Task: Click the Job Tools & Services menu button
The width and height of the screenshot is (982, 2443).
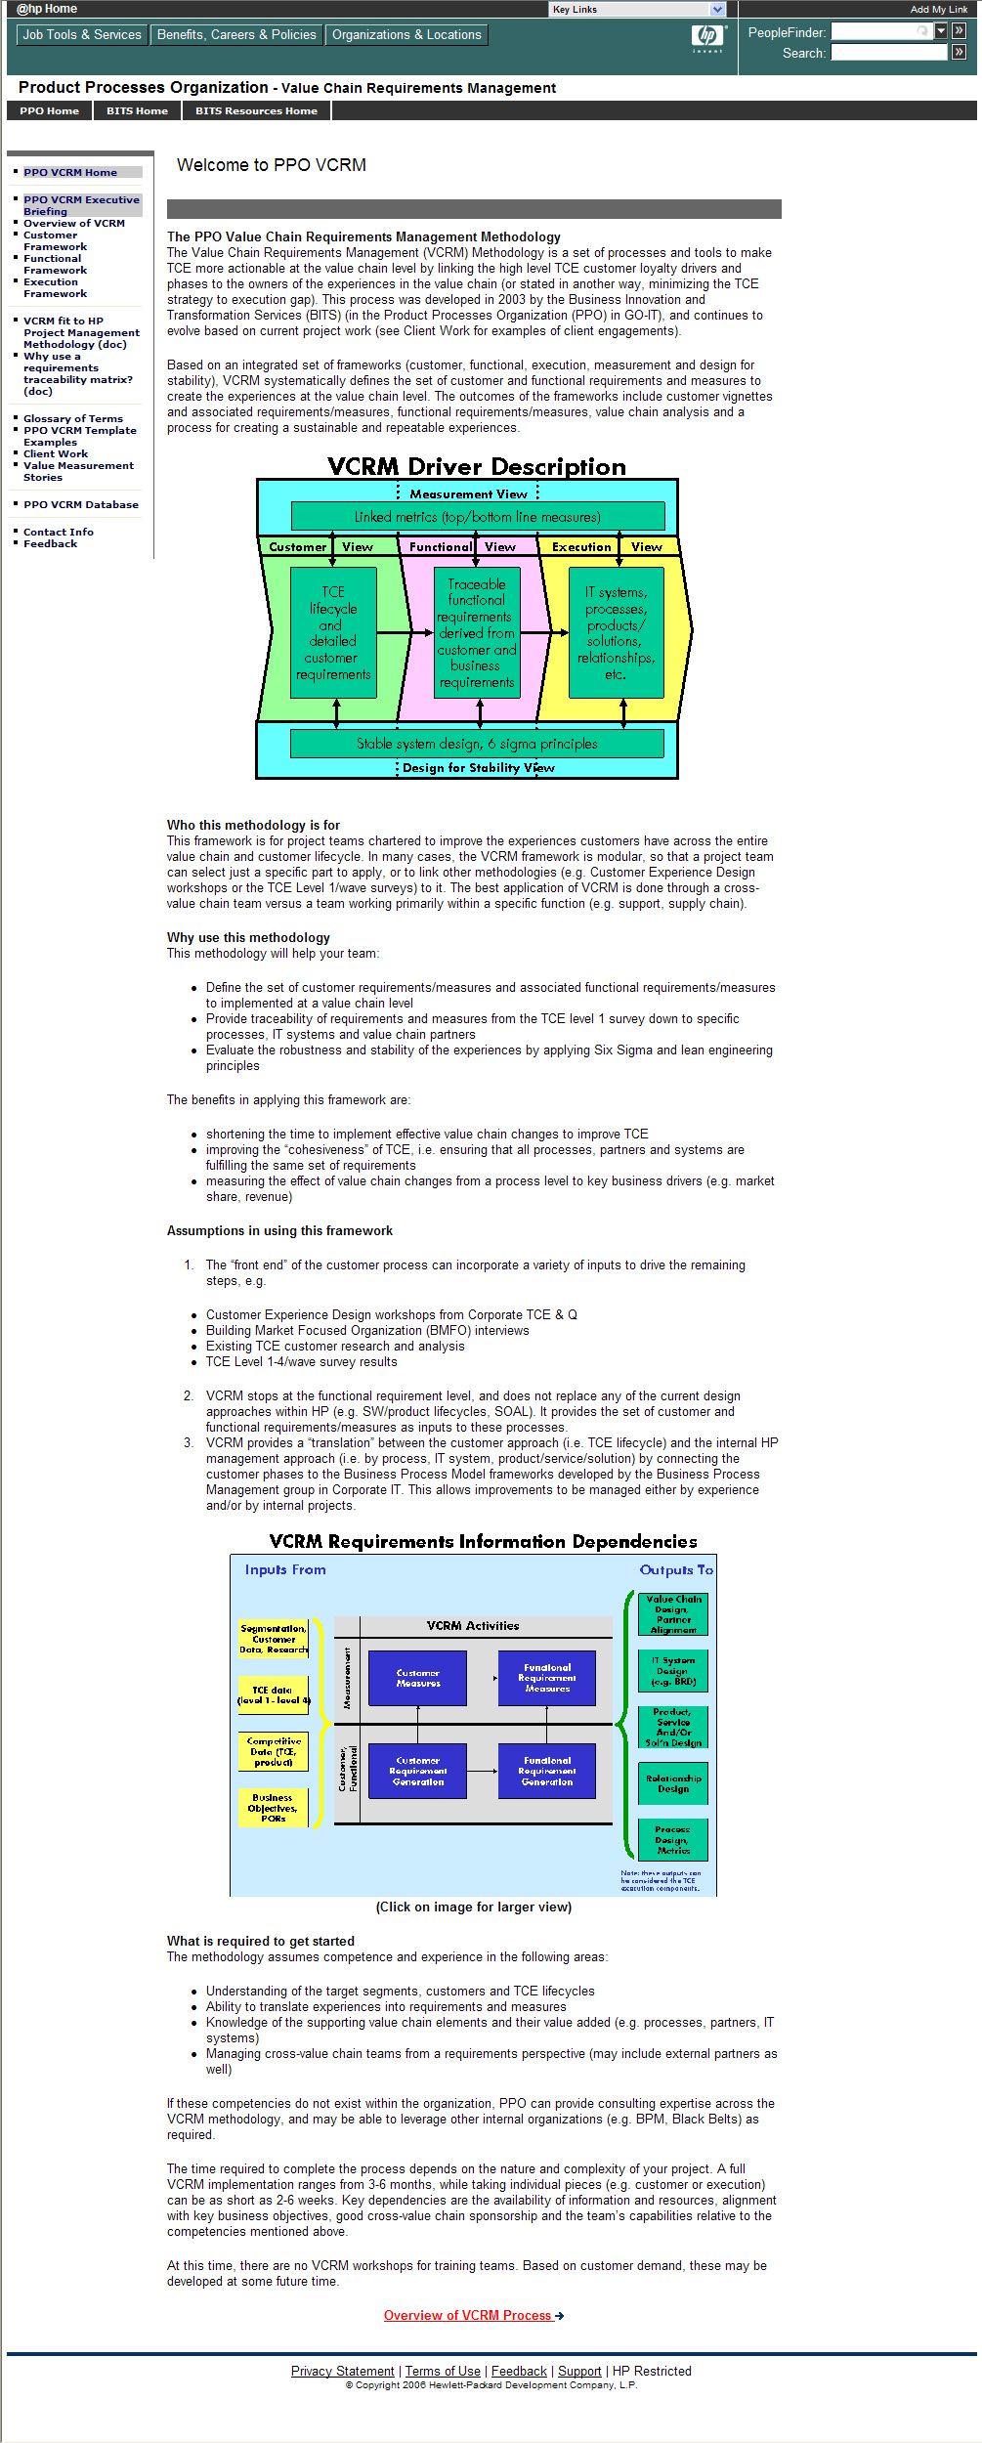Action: point(82,35)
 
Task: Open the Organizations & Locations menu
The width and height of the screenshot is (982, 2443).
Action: point(406,35)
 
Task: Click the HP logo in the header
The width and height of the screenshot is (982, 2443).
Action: point(707,37)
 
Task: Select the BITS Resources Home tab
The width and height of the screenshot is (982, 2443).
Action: point(256,111)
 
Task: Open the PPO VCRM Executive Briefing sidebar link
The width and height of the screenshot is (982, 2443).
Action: point(81,205)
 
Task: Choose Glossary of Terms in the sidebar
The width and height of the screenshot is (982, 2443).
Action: point(73,418)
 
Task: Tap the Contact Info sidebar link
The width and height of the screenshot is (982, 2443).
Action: point(59,532)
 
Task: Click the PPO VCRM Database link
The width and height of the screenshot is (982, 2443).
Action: point(81,504)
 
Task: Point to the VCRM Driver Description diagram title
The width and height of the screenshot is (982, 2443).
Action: point(477,466)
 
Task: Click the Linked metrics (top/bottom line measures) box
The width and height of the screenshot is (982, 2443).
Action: point(477,516)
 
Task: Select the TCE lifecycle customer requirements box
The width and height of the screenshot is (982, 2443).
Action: point(333,633)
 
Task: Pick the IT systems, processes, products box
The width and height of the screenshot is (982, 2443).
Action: point(616,633)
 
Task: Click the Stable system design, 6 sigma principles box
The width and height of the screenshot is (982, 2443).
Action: point(477,744)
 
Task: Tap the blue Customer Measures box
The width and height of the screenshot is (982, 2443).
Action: point(417,1678)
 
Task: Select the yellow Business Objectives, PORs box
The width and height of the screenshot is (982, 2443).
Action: point(273,1808)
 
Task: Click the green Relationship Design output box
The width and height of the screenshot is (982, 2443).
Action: point(673,1783)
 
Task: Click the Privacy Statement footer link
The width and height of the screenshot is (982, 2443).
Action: point(342,2371)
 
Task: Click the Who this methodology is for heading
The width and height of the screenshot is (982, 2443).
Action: point(253,825)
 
